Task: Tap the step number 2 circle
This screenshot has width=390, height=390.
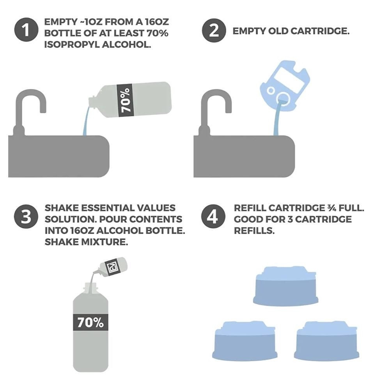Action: [x=214, y=30]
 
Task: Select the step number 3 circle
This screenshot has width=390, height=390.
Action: [x=26, y=216]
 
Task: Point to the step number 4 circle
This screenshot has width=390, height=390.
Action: [x=213, y=216]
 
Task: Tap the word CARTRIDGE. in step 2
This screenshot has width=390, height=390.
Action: [x=320, y=31]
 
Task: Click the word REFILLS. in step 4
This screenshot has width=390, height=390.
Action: [x=254, y=231]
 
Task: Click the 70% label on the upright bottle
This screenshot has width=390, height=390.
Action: [x=90, y=323]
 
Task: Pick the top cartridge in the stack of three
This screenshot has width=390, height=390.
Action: [x=285, y=286]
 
